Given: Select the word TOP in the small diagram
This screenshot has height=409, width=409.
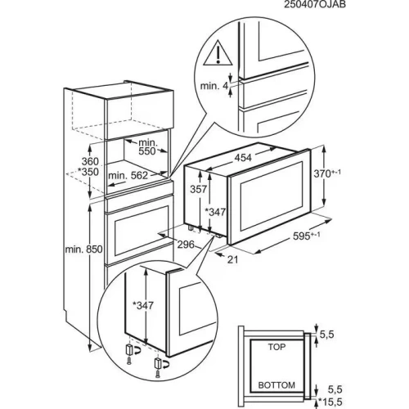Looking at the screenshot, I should point(278,348).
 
